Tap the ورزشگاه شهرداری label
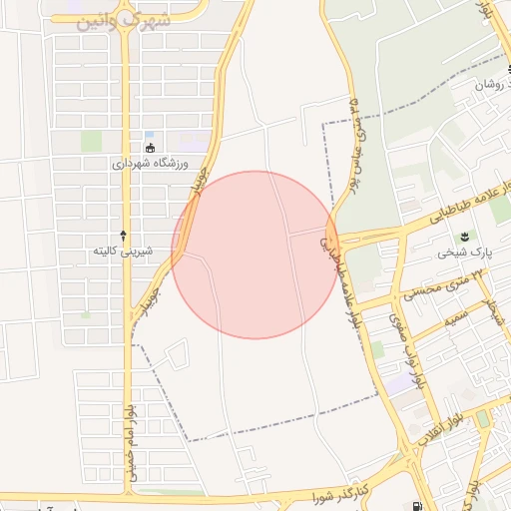(150, 164)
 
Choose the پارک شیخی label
(460, 253)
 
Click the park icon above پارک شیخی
(464, 236)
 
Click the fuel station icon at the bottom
(416, 506)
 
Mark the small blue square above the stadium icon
(150, 135)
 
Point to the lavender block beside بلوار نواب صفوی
(399, 383)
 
